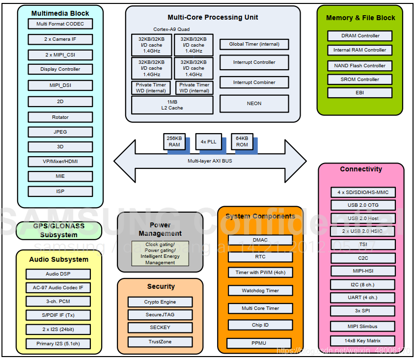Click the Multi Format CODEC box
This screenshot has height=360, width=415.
[60, 24]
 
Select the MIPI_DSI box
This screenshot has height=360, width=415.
[60, 85]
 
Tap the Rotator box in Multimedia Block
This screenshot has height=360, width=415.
[60, 117]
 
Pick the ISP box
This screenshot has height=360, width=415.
[60, 191]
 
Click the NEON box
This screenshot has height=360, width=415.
[254, 104]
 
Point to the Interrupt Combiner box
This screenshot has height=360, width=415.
[254, 83]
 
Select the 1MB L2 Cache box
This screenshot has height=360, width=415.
[172, 105]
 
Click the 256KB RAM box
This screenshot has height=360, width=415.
[174, 141]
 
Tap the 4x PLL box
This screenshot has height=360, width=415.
[208, 141]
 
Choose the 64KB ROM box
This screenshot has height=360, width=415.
[242, 141]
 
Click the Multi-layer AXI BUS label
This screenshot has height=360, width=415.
[210, 161]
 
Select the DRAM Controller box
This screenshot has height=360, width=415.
[360, 36]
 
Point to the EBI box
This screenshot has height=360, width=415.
[360, 92]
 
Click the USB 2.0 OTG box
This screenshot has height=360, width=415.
[362, 205]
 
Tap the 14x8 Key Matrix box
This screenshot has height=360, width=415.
[362, 341]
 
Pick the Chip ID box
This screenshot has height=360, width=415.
[260, 325]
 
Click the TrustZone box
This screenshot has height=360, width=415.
[160, 342]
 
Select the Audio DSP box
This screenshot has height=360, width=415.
[58, 274]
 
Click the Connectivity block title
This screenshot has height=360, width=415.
[361, 169]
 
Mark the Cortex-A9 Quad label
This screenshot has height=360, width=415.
[171, 29]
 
